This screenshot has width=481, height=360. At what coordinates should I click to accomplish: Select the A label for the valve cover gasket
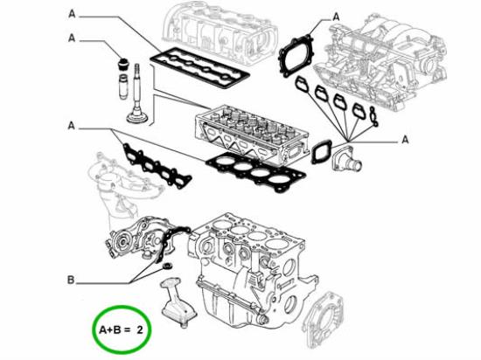click(x=72, y=15)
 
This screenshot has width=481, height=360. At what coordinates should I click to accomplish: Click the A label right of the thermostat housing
click(x=405, y=138)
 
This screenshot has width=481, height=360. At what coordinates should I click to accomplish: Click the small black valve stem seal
click(x=123, y=63)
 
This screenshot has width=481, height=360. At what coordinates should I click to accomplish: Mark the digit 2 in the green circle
click(x=139, y=329)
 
